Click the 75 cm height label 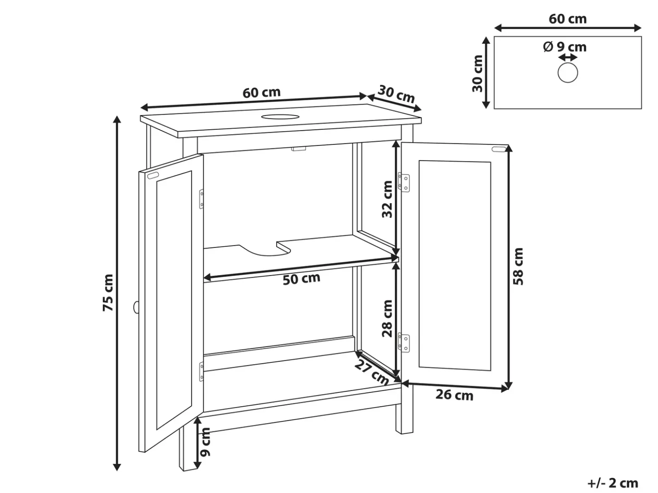[108, 293]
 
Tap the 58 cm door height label [518, 266]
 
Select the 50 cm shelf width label [301, 279]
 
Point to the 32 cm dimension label [387, 199]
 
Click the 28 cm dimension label [387, 319]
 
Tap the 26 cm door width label [454, 395]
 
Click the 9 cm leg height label [205, 442]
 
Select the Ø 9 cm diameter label [565, 47]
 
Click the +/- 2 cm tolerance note [613, 483]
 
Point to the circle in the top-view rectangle [568, 73]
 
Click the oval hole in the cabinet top [280, 116]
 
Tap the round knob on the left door [136, 307]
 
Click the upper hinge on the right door [403, 182]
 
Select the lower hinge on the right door [403, 342]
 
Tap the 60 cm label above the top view [568, 19]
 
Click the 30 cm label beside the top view [478, 74]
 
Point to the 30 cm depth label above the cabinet [396, 94]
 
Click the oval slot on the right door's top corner [499, 149]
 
